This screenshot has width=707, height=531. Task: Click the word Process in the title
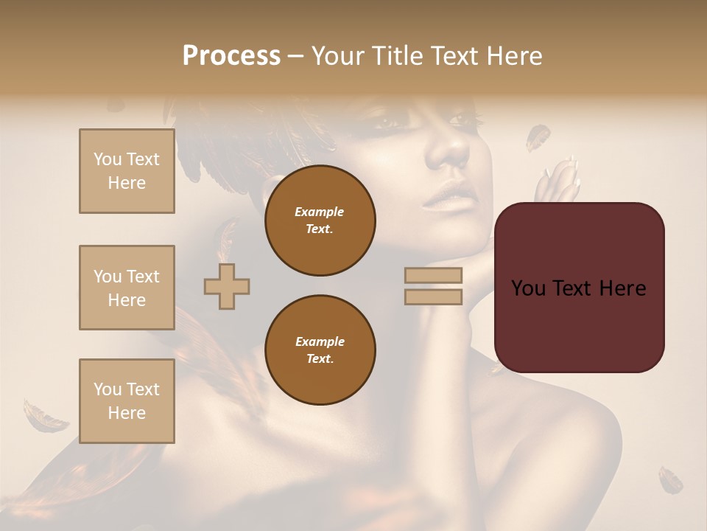(x=231, y=56)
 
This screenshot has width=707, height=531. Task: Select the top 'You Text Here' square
(x=127, y=171)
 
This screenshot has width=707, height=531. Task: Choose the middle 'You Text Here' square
(x=127, y=288)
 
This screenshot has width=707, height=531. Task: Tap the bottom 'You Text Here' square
(x=127, y=401)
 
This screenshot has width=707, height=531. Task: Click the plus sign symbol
(x=227, y=286)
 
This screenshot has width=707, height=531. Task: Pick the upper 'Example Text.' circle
(x=320, y=221)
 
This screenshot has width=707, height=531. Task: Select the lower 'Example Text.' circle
(x=320, y=350)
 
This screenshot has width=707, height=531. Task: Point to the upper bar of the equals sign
(x=433, y=275)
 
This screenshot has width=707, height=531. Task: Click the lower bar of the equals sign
(x=433, y=297)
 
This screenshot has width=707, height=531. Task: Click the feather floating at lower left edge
(x=44, y=417)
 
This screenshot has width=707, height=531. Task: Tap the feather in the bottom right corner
(x=670, y=479)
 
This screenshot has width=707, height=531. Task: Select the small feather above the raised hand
(x=538, y=137)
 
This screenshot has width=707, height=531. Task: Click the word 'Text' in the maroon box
(x=579, y=288)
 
